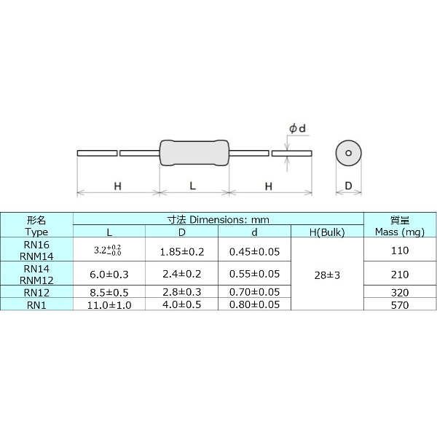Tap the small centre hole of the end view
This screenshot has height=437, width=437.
(x=348, y=153)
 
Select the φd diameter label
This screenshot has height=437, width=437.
(x=296, y=129)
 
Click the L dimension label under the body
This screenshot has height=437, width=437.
(x=193, y=186)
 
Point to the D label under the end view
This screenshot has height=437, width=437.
(x=348, y=186)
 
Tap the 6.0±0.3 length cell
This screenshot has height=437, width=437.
(x=109, y=274)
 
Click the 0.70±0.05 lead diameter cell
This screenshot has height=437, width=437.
(x=255, y=291)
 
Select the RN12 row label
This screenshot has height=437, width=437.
(x=36, y=291)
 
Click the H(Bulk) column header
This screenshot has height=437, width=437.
(x=326, y=232)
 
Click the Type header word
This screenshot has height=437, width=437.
(x=36, y=232)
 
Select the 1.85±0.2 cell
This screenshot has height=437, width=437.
(x=182, y=251)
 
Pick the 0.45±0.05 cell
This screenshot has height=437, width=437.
(x=255, y=251)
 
